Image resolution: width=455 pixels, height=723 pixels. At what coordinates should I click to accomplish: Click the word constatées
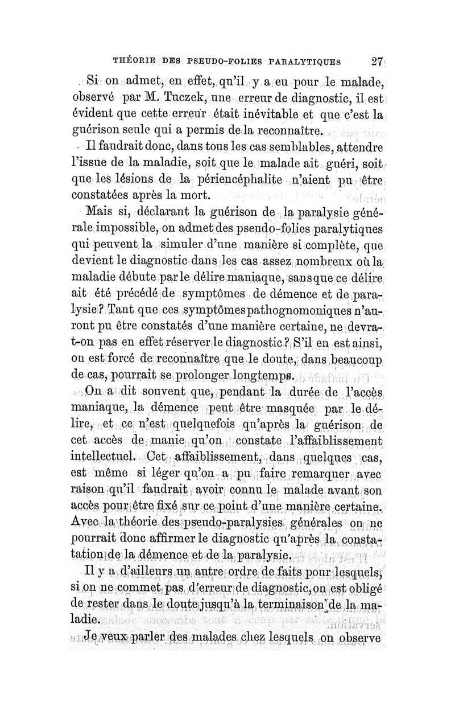click(x=107, y=198)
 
